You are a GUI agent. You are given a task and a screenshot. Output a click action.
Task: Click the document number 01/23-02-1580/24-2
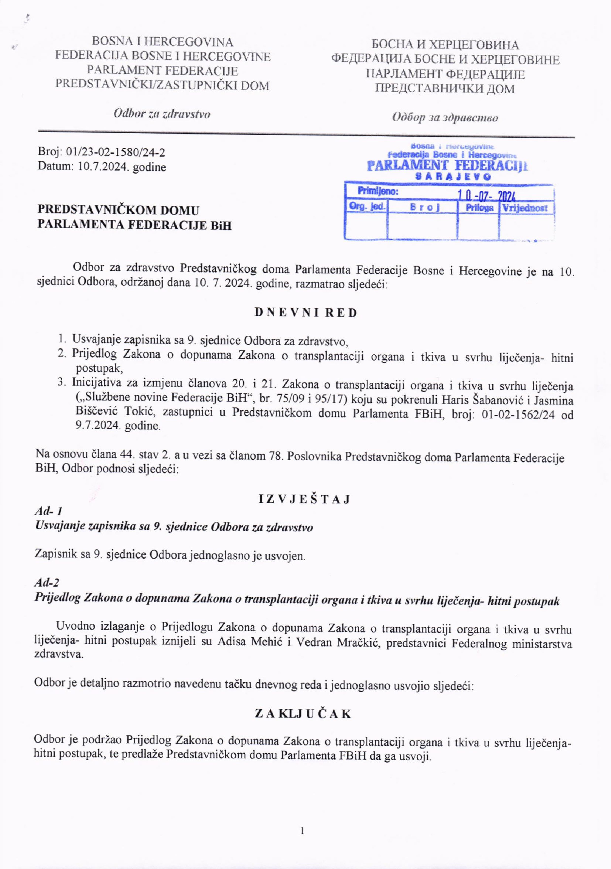[116, 152]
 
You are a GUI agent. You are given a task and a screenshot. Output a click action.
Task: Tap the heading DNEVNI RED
[306, 313]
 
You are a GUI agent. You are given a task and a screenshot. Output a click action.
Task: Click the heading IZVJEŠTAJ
[305, 499]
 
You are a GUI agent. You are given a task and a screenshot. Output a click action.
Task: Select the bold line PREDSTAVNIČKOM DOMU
[118, 210]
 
